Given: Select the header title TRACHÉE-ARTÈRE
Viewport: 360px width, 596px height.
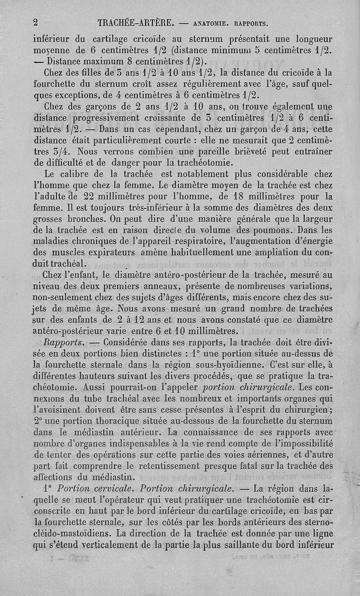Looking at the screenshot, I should point(133,22).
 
